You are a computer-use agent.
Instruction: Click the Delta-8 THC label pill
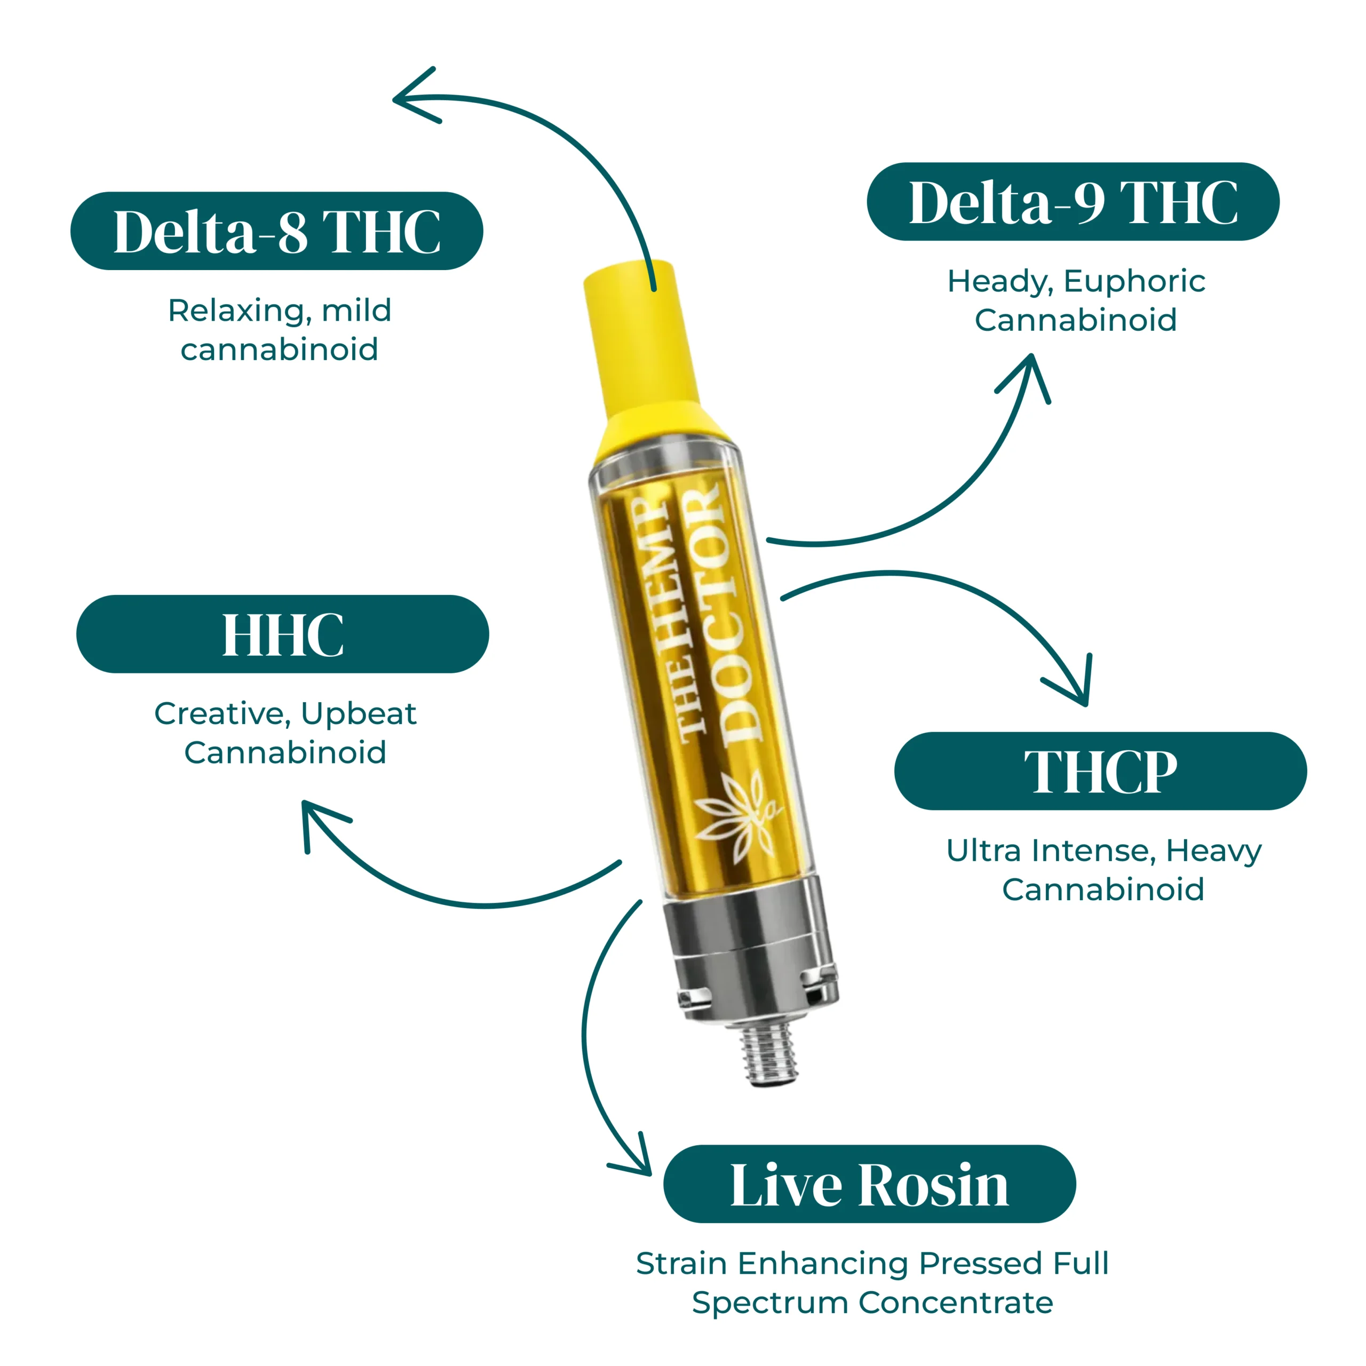coord(276,231)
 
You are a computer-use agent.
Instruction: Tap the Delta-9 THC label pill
coord(1073,202)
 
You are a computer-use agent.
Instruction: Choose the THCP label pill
coord(1100,771)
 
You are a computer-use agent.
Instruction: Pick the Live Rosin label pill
coord(870,1184)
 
